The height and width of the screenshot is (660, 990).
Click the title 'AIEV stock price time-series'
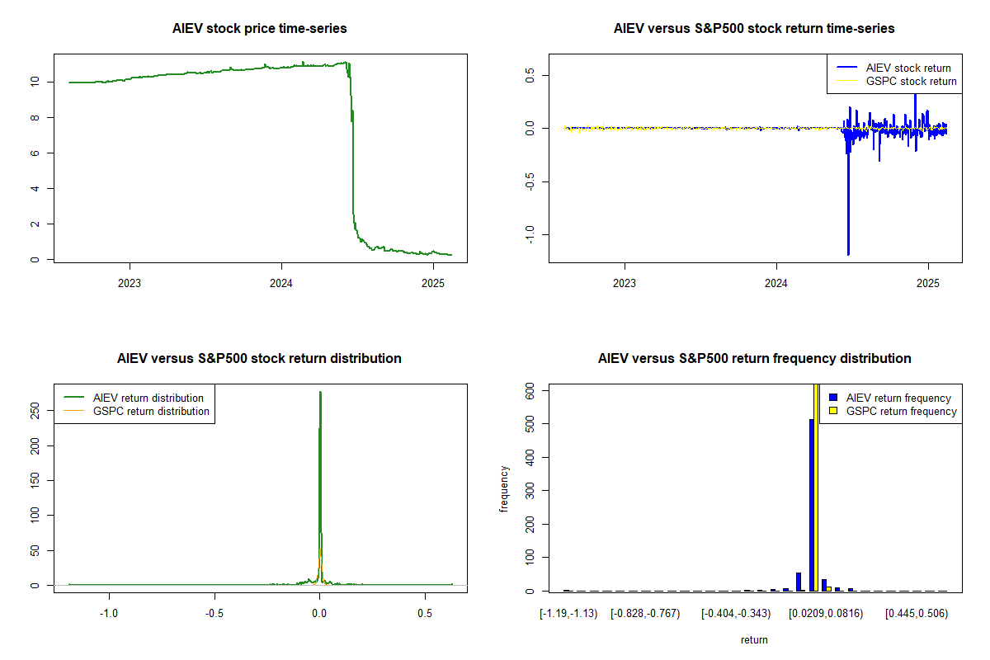(260, 29)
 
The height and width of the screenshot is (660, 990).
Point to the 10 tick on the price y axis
(34, 82)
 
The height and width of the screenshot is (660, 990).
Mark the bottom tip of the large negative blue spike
(848, 254)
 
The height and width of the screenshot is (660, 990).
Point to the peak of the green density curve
(320, 393)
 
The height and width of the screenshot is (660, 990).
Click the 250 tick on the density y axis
(34, 410)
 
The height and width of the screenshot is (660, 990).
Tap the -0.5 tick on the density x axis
(214, 614)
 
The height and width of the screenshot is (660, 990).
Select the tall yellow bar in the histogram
(818, 487)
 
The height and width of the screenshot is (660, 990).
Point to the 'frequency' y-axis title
(505, 489)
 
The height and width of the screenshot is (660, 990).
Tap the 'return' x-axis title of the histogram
(754, 639)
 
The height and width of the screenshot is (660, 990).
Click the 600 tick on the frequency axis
(529, 394)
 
